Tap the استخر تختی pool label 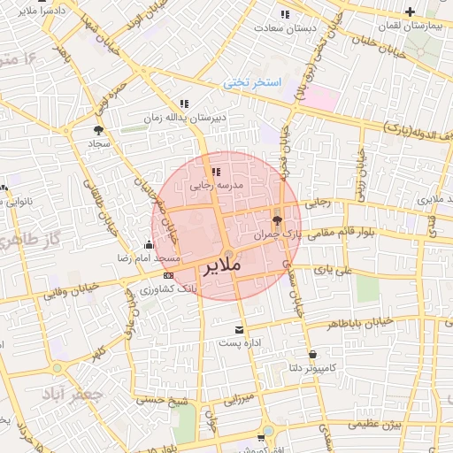(x=252, y=82)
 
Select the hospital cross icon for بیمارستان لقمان (x=410, y=12)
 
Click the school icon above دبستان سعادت (x=284, y=14)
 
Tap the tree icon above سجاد (x=97, y=130)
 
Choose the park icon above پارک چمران (x=278, y=220)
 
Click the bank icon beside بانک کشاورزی (x=168, y=275)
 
